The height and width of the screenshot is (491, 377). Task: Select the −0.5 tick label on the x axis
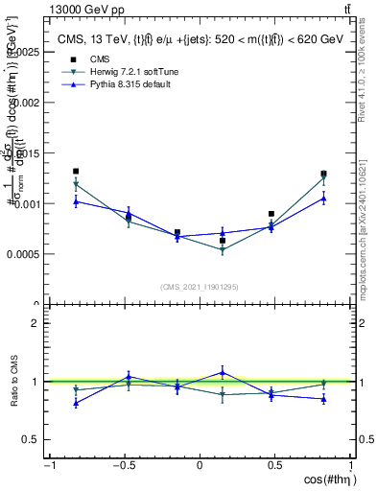coord(123,466)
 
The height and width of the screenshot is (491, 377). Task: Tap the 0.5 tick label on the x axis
coord(274,466)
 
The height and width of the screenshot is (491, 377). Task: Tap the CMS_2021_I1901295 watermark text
coord(200,287)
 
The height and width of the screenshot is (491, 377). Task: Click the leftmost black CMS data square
coord(76,172)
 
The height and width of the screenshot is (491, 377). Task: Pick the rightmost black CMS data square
coord(324,175)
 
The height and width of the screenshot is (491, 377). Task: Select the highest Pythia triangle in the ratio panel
coord(223,372)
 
